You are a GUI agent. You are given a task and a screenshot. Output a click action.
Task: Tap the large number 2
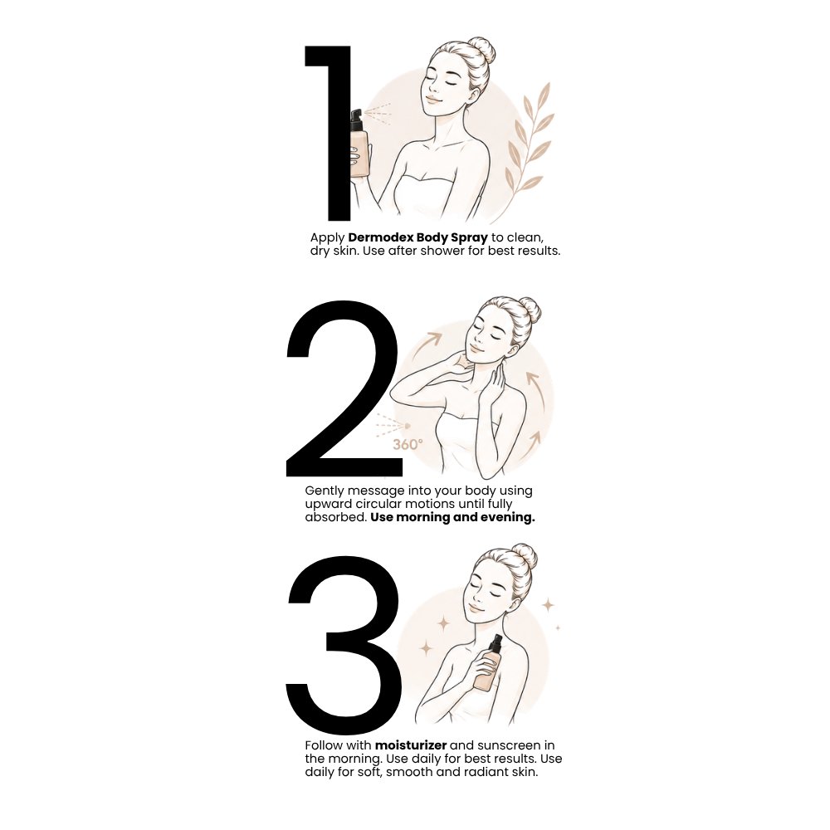tap(344, 389)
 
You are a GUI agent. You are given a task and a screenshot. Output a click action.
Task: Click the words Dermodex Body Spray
tap(417, 237)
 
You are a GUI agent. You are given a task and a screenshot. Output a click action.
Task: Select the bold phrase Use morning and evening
tap(452, 517)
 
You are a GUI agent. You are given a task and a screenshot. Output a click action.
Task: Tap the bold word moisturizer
tap(411, 745)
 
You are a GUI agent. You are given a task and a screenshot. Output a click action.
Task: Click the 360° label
tap(408, 445)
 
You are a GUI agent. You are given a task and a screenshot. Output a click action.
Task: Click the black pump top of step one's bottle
tap(356, 119)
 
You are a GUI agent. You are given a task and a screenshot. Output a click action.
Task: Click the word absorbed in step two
tap(335, 517)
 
